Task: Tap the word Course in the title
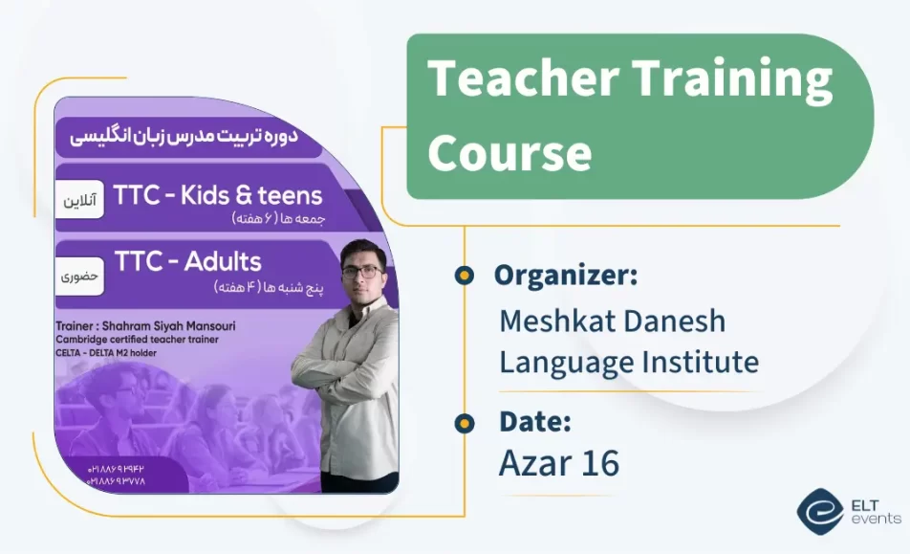point(509,151)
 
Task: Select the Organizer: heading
point(565,276)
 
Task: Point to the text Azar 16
point(558,463)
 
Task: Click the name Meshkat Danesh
point(612,321)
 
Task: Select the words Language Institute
point(628,362)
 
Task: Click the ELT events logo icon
point(820,512)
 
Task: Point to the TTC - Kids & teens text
point(218,195)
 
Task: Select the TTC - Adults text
point(187,260)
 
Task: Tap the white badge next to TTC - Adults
point(80,276)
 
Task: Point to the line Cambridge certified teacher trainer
point(137,340)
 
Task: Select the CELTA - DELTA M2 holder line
point(105,353)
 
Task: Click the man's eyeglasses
point(360,271)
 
